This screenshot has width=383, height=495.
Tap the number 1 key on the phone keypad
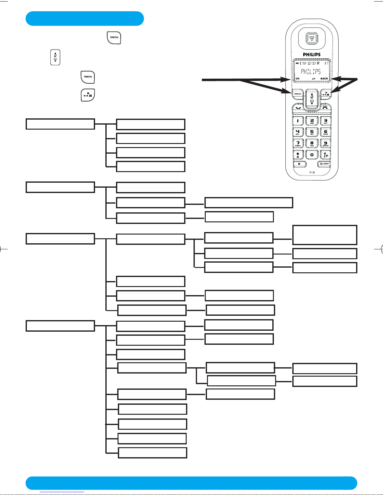point(298,121)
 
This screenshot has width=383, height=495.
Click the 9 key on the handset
point(325,144)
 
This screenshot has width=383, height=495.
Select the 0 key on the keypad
point(312,155)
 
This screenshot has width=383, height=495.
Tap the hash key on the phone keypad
point(325,155)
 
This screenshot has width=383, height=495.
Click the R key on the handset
point(300,164)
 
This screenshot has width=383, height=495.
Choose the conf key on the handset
point(325,164)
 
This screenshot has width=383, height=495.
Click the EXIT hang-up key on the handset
point(325,107)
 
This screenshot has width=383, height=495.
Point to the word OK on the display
point(297,79)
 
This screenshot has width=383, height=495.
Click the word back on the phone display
point(324,79)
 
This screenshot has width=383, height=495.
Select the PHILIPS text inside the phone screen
point(311,72)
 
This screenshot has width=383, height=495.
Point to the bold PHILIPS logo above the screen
point(312,55)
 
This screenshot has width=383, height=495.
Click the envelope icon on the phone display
point(304,63)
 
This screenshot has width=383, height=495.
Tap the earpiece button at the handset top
point(312,39)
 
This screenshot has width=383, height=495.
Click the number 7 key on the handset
point(298,144)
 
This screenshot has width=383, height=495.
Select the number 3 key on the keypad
point(325,121)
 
